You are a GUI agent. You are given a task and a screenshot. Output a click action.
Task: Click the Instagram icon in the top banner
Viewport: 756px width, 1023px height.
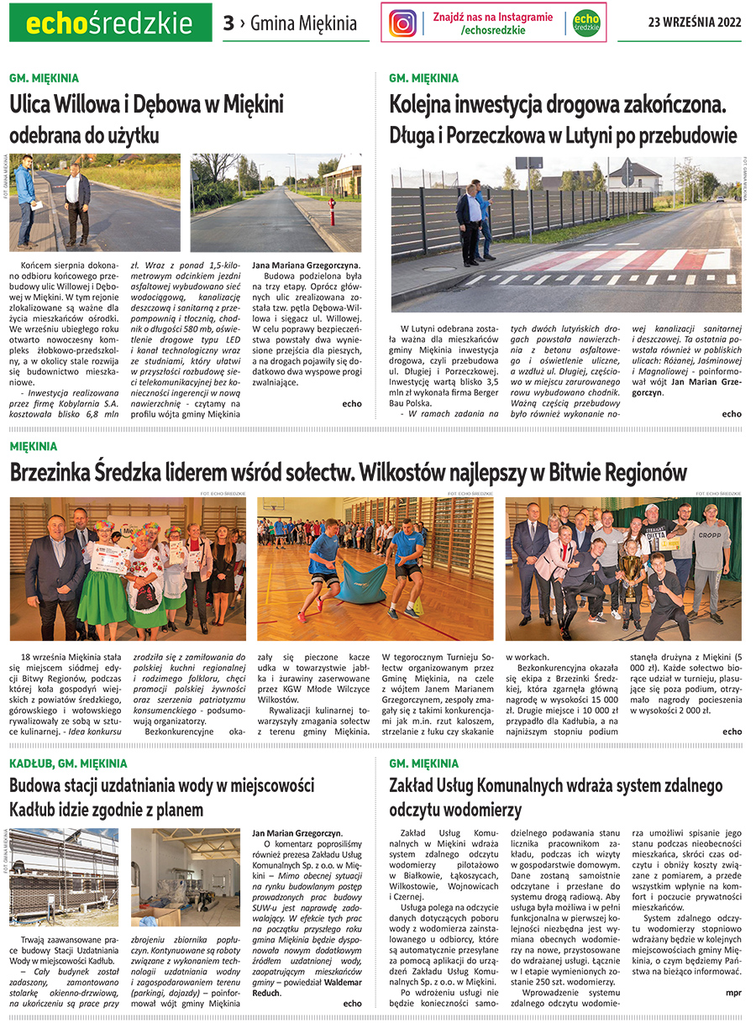(403, 23)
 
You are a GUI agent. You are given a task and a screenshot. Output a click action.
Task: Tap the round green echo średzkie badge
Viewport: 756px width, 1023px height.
(585, 23)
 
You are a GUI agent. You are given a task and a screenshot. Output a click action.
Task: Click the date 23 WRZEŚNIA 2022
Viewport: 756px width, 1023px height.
(695, 23)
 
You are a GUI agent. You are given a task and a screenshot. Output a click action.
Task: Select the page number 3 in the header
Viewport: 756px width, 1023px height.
(228, 24)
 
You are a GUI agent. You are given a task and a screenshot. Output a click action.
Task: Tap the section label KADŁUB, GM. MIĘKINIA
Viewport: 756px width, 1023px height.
(68, 763)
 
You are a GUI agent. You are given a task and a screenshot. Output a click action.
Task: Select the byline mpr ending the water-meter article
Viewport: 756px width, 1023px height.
(733, 992)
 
